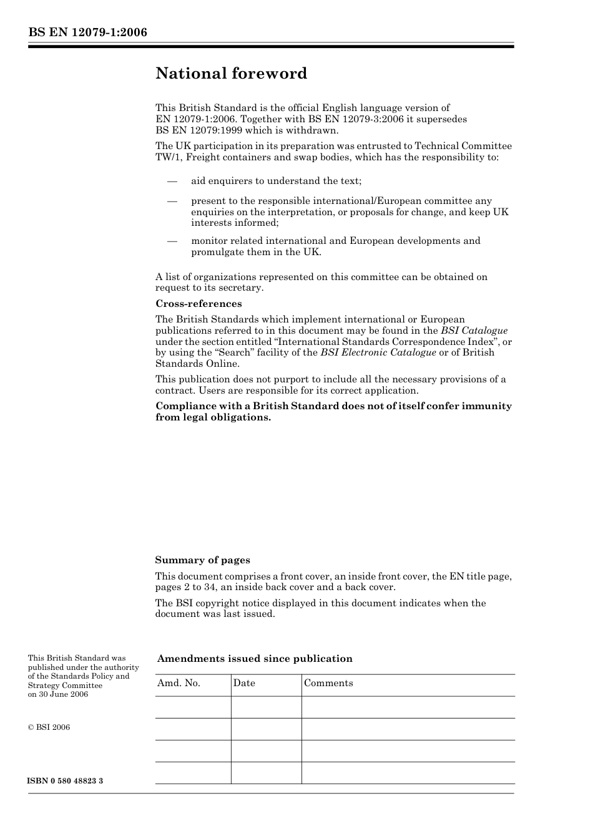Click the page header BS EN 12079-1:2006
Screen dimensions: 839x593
pyautogui.click(x=87, y=32)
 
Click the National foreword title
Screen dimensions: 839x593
pyautogui.click(x=231, y=74)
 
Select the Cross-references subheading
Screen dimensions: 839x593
pyautogui.click(x=198, y=304)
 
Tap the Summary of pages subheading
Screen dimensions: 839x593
pyautogui.click(x=202, y=560)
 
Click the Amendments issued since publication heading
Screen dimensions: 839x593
pyautogui.click(x=255, y=659)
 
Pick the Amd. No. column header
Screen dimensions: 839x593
pyautogui.click(x=179, y=683)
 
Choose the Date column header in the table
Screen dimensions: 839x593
pyautogui.click(x=244, y=683)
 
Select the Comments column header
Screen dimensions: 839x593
pyautogui.click(x=328, y=683)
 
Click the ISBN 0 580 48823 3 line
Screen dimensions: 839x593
pyautogui.click(x=66, y=781)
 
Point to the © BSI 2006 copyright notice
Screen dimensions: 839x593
pyautogui.click(x=49, y=727)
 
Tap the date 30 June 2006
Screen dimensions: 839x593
pyautogui.click(x=63, y=694)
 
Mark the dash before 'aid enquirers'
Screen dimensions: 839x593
pyautogui.click(x=172, y=181)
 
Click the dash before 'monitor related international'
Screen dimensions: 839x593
pyautogui.click(x=172, y=241)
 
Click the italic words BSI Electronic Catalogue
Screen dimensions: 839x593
pyautogui.click(x=378, y=352)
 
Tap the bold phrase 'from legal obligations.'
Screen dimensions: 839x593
pyautogui.click(x=213, y=417)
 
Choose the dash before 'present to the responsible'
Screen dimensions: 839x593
pyautogui.click(x=172, y=201)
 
